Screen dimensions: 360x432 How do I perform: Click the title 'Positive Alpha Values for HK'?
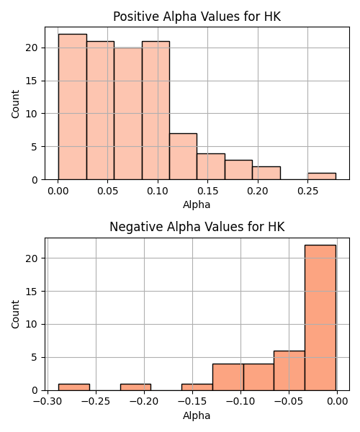point(197,17)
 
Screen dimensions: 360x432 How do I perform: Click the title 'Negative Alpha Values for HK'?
point(197,227)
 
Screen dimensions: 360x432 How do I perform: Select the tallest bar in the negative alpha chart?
point(320,318)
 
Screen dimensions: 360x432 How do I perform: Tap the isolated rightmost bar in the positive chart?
point(322,176)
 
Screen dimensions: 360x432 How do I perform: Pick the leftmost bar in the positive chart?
point(73,107)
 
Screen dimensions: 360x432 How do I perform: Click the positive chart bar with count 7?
point(183,156)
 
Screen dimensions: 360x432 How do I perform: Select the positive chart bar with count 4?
point(211,166)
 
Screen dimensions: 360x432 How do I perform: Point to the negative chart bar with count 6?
point(289,371)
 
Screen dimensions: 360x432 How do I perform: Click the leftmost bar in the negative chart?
point(74,387)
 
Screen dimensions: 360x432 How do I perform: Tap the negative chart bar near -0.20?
point(136,387)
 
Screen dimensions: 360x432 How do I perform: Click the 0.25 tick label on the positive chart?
point(307,191)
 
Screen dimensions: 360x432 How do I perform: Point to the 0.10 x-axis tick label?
point(158,191)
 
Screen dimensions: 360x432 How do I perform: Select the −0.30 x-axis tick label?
point(48,402)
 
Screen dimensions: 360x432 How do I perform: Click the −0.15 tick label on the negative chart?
point(192,402)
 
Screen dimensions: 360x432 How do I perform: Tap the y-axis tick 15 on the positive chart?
point(32,81)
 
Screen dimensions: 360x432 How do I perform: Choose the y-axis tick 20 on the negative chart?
point(32,258)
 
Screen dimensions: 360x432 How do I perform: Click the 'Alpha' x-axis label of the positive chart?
point(197,204)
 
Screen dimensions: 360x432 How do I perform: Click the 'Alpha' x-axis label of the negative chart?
point(197,415)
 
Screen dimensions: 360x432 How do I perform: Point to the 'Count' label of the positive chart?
point(15,104)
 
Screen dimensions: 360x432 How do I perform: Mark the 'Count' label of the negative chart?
point(15,315)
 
